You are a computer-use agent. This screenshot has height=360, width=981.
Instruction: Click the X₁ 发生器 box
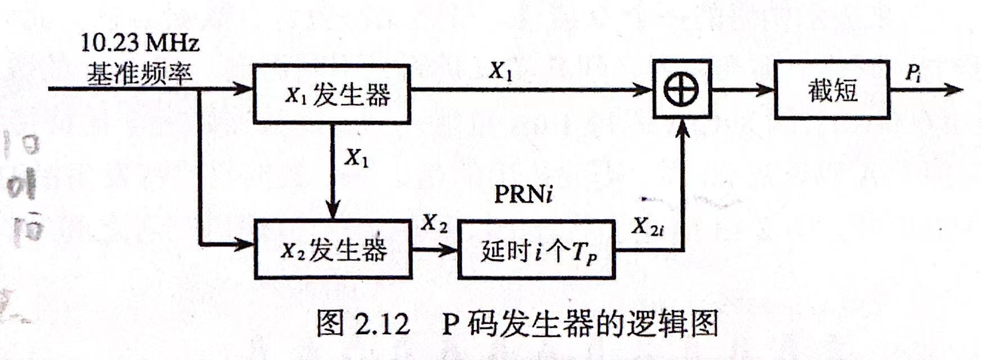pyautogui.click(x=331, y=94)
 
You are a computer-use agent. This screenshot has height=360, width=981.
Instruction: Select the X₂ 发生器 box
pyautogui.click(x=333, y=249)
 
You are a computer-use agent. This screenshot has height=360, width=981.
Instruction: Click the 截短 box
pyautogui.click(x=832, y=89)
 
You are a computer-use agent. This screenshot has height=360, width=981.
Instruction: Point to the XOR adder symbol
pyautogui.click(x=682, y=89)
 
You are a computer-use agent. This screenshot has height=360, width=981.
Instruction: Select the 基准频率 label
pyautogui.click(x=139, y=73)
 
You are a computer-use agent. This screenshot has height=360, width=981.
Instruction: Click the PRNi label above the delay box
pyautogui.click(x=523, y=194)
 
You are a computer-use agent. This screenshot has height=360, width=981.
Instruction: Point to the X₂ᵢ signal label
pyautogui.click(x=647, y=226)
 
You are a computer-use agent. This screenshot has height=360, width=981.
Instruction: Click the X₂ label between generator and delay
pyautogui.click(x=435, y=223)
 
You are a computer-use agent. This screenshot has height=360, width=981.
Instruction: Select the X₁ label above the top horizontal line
pyautogui.click(x=500, y=71)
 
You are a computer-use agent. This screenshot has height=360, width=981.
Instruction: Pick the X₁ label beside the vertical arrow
pyautogui.click(x=357, y=158)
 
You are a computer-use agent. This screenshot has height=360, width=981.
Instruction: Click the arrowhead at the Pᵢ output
pyautogui.click(x=955, y=89)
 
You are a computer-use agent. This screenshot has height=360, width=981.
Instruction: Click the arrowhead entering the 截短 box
pyautogui.click(x=766, y=89)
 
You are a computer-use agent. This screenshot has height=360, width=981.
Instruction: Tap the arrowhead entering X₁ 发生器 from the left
pyautogui.click(x=244, y=88)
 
